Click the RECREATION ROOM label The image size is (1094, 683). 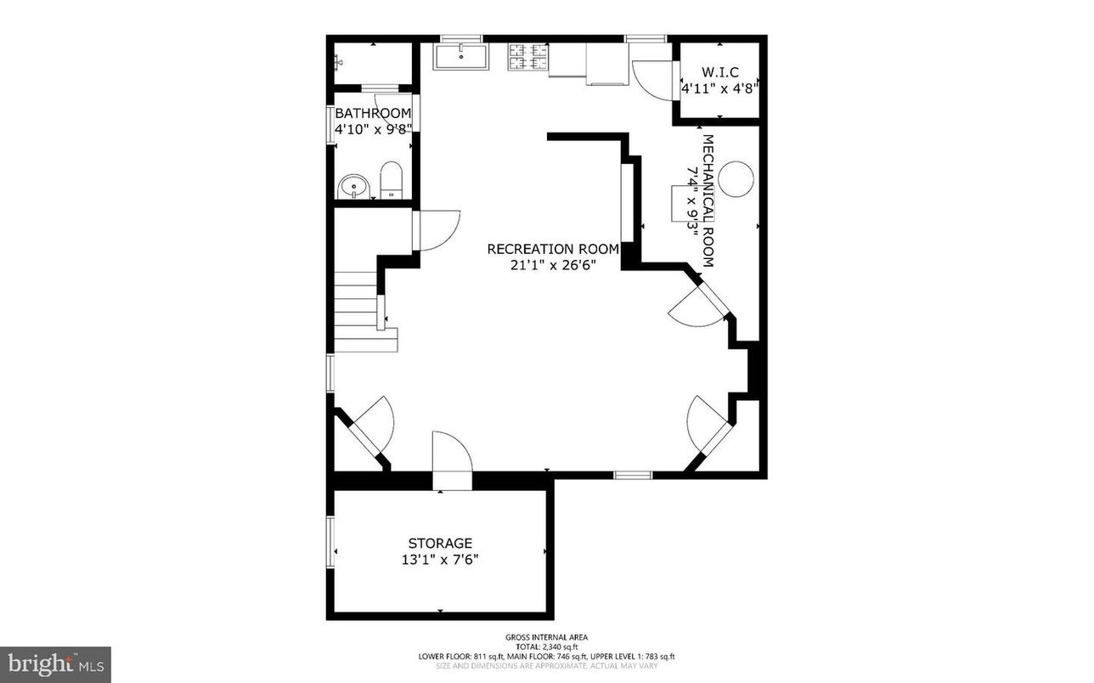pos(553,249)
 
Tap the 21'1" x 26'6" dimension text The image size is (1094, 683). pos(553,265)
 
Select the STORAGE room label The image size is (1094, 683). pos(440,543)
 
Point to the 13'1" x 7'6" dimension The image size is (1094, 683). pos(440,560)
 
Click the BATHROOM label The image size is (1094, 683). pos(373,113)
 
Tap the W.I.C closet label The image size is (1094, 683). pos(719,71)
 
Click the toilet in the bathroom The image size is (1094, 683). pos(391,179)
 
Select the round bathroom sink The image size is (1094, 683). pos(352,186)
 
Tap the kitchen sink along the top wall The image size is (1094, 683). pos(461,57)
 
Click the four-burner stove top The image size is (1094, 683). pos(527,56)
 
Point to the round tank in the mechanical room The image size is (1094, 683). pos(736,178)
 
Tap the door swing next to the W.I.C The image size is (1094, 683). pos(650,79)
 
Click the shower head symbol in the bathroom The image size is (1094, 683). pos(340,61)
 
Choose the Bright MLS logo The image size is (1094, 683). pos(55,664)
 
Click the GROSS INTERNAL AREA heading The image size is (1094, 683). pos(546,637)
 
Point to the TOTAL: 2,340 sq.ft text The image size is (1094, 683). pos(546,646)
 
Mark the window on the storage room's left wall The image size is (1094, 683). pos(330,543)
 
